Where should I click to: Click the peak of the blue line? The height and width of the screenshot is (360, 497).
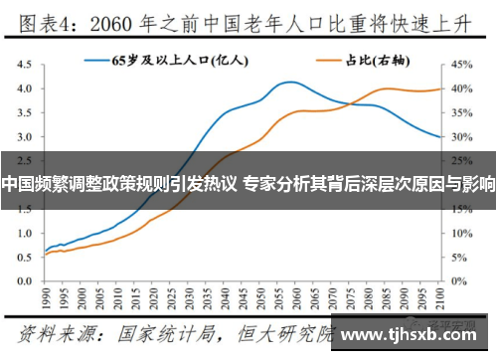(x=288, y=82)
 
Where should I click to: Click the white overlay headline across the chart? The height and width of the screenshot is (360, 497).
(x=248, y=183)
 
